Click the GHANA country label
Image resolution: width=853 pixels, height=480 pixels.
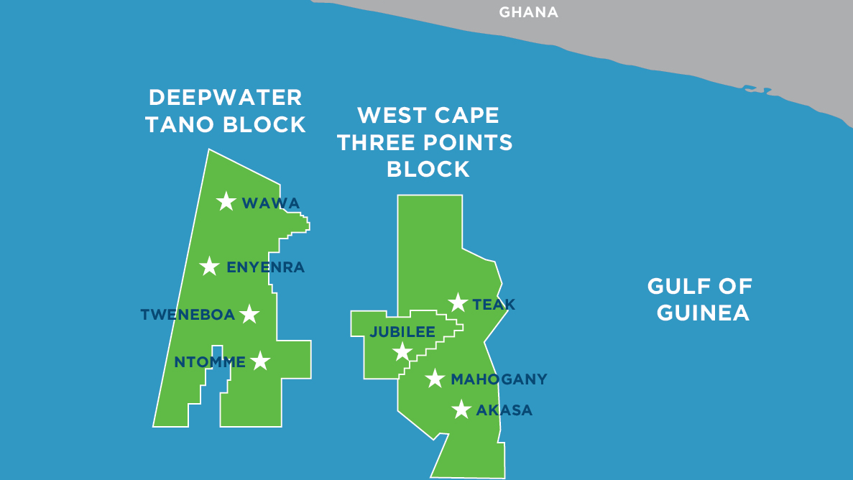pyautogui.click(x=528, y=12)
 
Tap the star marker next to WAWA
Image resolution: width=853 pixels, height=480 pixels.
pyautogui.click(x=226, y=201)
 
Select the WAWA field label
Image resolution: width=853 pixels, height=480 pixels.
pyautogui.click(x=271, y=203)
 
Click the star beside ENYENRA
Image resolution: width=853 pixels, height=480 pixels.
pyautogui.click(x=209, y=267)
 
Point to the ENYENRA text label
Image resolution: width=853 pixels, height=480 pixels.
pyautogui.click(x=265, y=267)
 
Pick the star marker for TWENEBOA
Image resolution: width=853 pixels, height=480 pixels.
pyautogui.click(x=249, y=314)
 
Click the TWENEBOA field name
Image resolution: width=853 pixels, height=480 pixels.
pyautogui.click(x=188, y=315)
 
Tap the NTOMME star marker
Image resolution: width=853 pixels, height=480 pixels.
pyautogui.click(x=260, y=361)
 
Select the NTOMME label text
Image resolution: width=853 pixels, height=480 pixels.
pyautogui.click(x=210, y=362)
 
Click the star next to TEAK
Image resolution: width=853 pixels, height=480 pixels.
pyautogui.click(x=458, y=303)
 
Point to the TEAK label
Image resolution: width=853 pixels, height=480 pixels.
pyautogui.click(x=494, y=305)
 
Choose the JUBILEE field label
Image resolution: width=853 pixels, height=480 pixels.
pyautogui.click(x=402, y=332)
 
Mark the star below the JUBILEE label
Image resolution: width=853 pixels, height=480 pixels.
pyautogui.click(x=402, y=352)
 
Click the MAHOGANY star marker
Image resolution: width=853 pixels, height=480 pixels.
pyautogui.click(x=435, y=378)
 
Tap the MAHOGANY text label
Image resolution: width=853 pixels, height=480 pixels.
pyautogui.click(x=499, y=379)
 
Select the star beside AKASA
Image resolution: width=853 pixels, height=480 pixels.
pyautogui.click(x=461, y=410)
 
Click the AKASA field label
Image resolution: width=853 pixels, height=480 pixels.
pyautogui.click(x=504, y=411)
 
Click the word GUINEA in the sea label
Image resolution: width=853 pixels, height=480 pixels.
pyautogui.click(x=703, y=313)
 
